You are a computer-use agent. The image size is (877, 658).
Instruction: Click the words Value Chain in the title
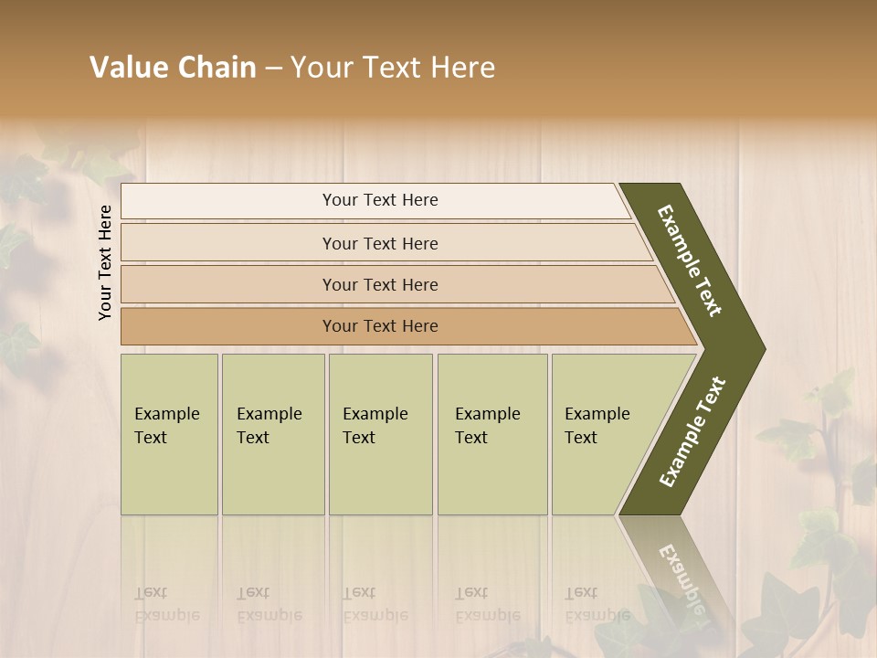[x=173, y=68]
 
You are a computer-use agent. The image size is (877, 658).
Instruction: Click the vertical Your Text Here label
[x=105, y=262]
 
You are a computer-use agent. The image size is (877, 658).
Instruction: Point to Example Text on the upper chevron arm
[x=691, y=260]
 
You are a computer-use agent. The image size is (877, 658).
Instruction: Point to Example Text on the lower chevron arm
[x=692, y=431]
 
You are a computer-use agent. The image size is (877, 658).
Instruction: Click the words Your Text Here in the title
[x=393, y=68]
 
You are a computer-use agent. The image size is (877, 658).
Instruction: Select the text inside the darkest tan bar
[x=380, y=326]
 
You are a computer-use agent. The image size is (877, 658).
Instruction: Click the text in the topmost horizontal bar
[x=380, y=200]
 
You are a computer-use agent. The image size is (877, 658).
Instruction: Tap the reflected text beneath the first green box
[x=167, y=604]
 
